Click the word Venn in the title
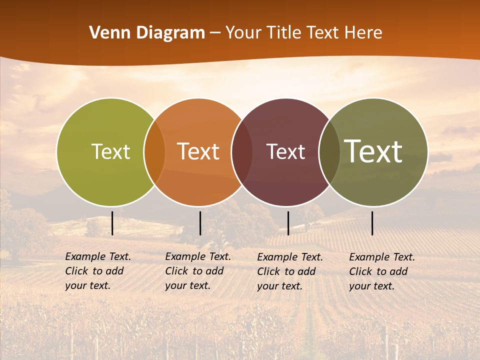[105, 33]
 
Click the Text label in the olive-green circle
[110, 151]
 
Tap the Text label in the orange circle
[198, 151]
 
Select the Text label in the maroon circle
[285, 151]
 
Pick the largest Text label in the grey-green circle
[373, 151]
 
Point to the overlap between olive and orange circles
[154, 151]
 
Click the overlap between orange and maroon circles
[241, 151]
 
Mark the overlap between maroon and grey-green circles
[328, 151]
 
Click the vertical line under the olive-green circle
[112, 223]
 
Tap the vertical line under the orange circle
[200, 223]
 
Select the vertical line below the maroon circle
[288, 223]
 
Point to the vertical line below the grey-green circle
[372, 223]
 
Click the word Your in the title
[242, 33]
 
